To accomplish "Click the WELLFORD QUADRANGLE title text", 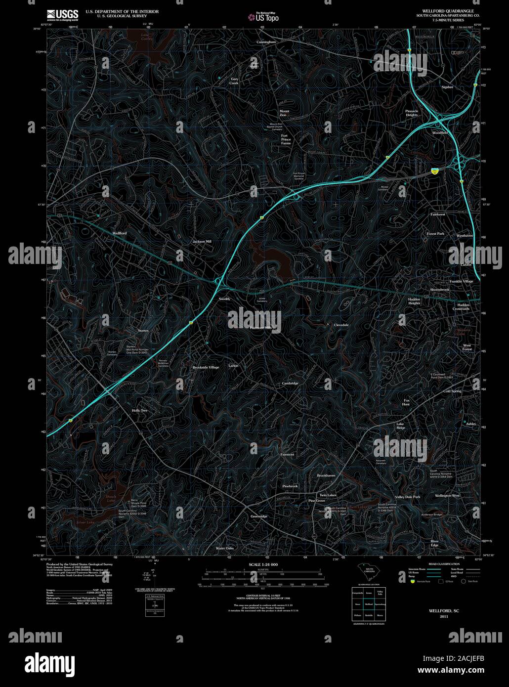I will click(440, 10).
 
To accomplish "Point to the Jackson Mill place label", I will click(202, 241).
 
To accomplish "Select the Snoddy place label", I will click(224, 299).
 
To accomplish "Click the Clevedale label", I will click(341, 325).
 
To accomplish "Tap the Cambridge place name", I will click(290, 384).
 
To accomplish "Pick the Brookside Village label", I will click(206, 367).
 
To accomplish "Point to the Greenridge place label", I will click(258, 516).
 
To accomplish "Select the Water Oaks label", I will click(224, 548).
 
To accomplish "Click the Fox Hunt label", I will click(407, 402).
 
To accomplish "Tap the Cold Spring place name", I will click(452, 391).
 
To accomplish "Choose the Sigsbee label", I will click(447, 87).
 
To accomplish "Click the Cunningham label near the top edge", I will click(266, 42).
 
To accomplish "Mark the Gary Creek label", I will click(234, 81).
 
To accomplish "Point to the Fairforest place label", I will click(438, 215).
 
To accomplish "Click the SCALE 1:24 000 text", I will click(263, 564).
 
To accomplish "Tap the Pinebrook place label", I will click(290, 486).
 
